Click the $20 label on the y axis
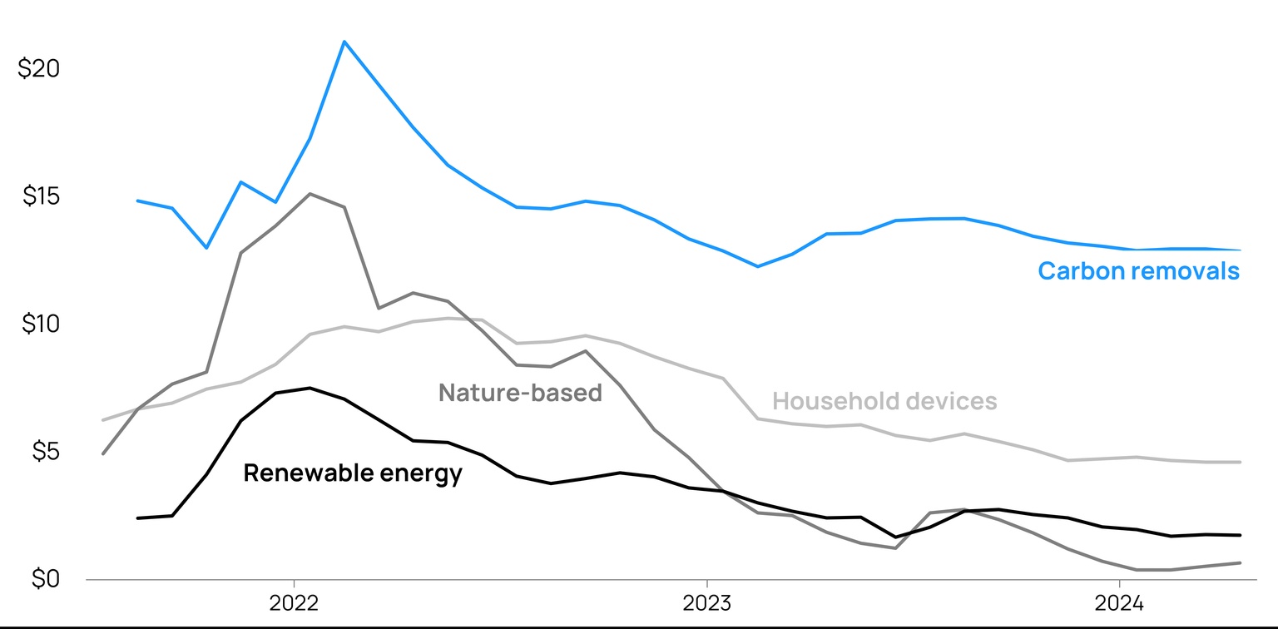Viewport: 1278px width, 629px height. click(38, 69)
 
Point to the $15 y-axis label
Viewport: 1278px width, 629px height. click(38, 197)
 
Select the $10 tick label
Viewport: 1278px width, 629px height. click(38, 324)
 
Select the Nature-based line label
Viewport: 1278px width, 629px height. click(520, 393)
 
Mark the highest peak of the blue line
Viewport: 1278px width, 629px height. click(344, 41)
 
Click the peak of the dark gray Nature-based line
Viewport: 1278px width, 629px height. click(310, 194)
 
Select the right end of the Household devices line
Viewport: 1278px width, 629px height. click(1240, 462)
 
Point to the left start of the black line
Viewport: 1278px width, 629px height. click(138, 518)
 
